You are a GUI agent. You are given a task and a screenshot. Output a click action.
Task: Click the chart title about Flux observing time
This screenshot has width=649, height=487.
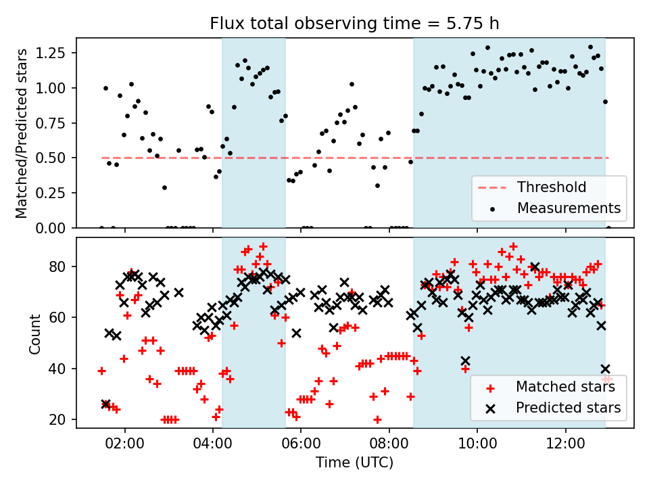tap(354, 24)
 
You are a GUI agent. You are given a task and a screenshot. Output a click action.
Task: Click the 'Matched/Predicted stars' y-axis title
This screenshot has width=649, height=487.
tap(22, 133)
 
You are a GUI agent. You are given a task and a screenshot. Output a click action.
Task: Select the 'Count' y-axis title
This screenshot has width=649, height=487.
tap(35, 333)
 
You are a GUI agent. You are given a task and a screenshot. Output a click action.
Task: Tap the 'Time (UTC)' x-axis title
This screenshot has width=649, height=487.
tap(354, 463)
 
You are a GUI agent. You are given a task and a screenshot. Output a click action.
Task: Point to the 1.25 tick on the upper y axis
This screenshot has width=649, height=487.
tap(55, 53)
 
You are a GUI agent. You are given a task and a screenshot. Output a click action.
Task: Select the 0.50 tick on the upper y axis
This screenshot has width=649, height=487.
tap(55, 158)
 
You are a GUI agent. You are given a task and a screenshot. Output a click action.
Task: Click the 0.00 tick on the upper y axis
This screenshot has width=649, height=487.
tap(55, 228)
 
